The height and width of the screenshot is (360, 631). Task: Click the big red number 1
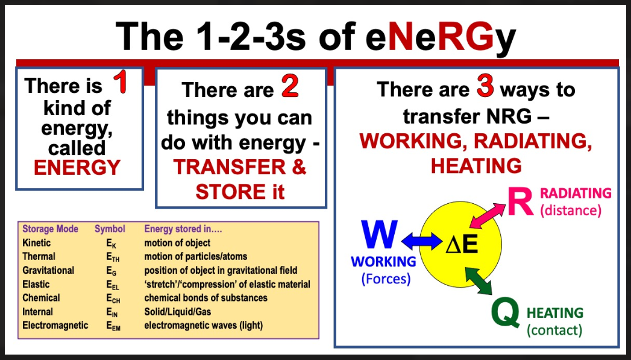tap(121, 82)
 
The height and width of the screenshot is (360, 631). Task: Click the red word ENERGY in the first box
tap(77, 168)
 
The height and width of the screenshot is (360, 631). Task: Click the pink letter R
tap(520, 201)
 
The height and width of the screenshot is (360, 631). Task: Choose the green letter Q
tap(506, 312)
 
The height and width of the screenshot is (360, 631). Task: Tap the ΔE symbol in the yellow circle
tap(462, 244)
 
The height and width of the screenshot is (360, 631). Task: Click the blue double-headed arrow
tap(421, 241)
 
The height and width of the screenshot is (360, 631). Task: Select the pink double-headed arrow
tap(488, 216)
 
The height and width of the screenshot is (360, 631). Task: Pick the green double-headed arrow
tap(478, 280)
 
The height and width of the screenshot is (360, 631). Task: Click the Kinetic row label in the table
tap(37, 243)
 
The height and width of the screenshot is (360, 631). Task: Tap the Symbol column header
tap(110, 229)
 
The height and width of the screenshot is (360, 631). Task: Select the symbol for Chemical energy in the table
tap(113, 298)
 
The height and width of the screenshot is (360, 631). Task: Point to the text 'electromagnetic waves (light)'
tap(204, 326)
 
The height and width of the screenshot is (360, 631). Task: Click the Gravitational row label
tap(48, 270)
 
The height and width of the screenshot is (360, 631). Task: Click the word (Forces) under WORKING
tap(386, 279)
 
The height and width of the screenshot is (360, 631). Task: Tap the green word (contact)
tap(554, 330)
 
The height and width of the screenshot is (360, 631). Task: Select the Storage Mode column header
tap(50, 229)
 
